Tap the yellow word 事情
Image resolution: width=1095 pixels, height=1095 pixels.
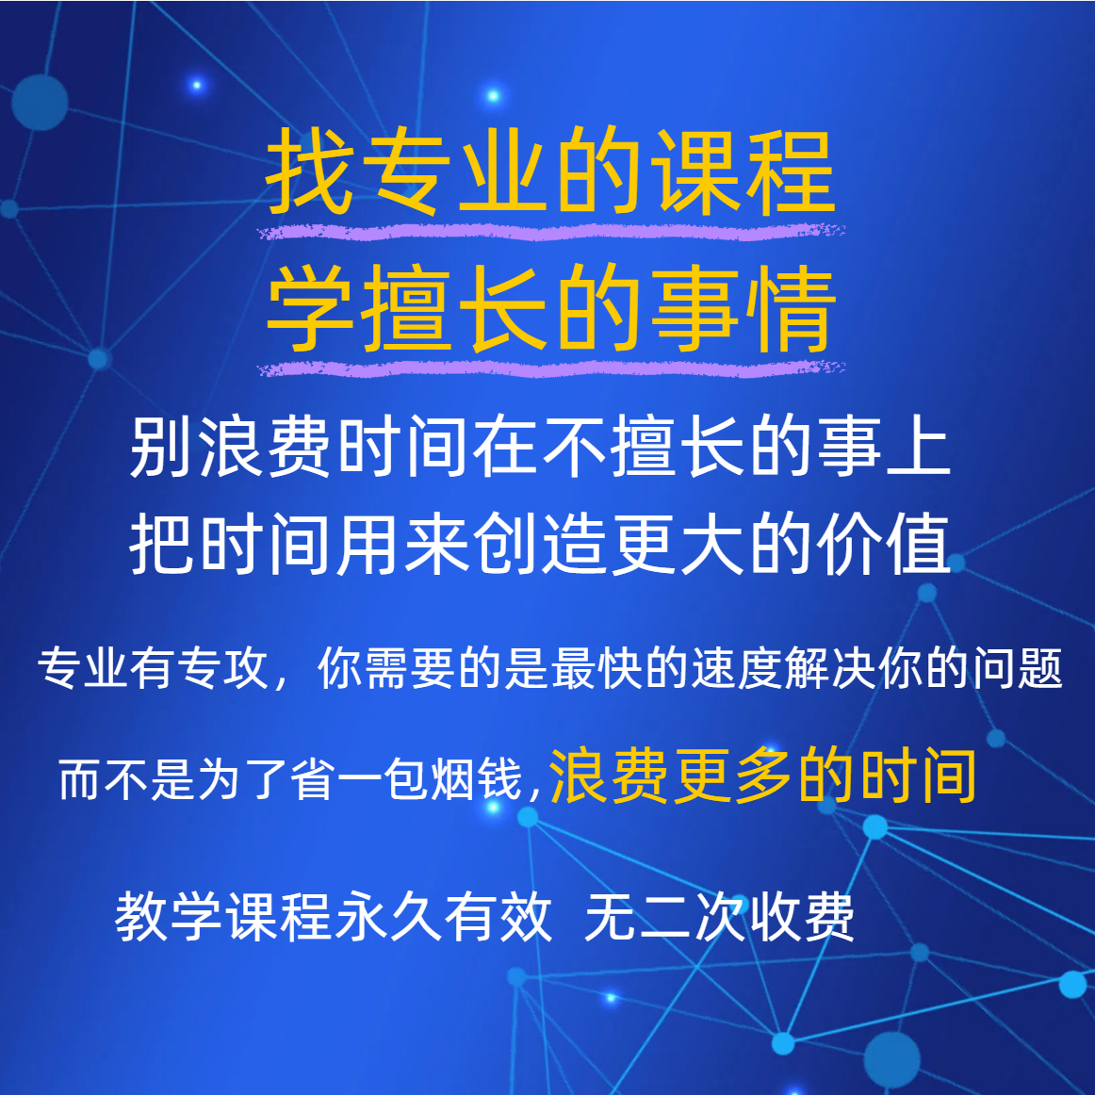click(743, 308)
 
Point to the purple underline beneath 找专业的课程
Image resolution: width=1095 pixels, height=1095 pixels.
click(551, 232)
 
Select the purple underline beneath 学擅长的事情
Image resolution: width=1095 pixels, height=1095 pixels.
click(551, 368)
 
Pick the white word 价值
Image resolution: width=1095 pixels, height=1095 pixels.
click(883, 544)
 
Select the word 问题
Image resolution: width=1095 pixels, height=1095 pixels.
click(1018, 668)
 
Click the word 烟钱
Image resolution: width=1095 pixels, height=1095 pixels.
click(476, 779)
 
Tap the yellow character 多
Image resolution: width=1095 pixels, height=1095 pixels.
click(764, 776)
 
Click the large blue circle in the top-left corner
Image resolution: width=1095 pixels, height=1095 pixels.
click(40, 103)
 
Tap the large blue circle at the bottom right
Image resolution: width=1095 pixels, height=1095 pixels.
click(891, 1058)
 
